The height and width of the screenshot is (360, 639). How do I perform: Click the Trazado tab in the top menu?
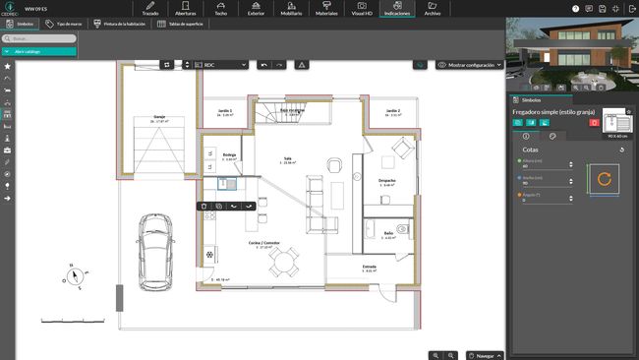(149, 9)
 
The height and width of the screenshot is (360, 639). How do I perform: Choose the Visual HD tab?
(362, 9)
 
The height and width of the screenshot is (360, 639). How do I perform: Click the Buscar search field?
(37, 38)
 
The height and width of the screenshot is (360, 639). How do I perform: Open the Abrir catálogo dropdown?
(39, 50)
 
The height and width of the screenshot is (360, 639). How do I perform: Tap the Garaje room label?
(158, 117)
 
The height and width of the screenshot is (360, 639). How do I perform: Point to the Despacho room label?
(387, 181)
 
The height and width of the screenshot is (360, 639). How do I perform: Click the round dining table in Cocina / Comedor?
(286, 261)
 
